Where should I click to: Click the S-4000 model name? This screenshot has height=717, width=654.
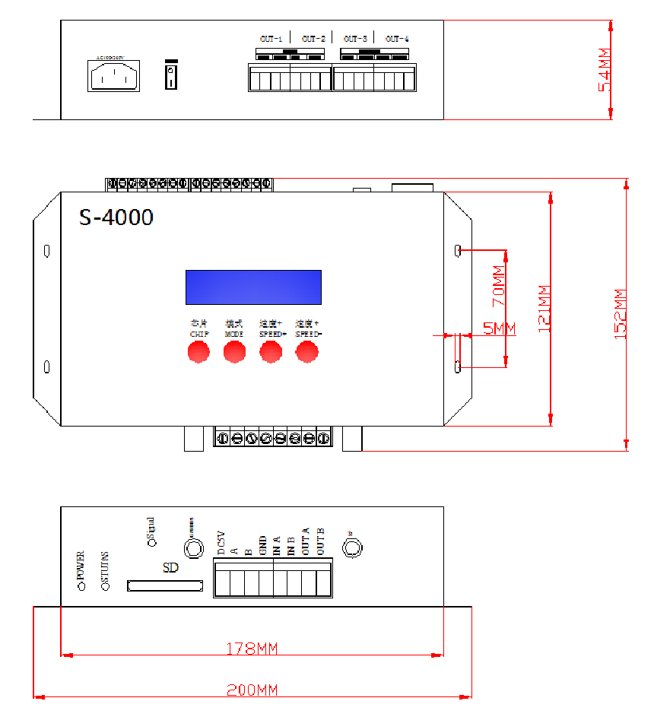point(116,217)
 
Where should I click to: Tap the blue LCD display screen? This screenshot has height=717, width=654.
point(253,287)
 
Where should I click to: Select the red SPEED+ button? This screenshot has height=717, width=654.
point(271,351)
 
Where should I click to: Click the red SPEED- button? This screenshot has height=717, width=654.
point(307,351)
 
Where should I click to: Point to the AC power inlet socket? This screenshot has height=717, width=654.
point(114,75)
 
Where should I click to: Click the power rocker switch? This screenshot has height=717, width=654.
point(172,76)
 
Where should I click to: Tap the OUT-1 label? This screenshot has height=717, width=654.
point(271,39)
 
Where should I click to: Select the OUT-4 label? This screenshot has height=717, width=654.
point(396,39)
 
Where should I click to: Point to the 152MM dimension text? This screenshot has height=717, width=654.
point(620,313)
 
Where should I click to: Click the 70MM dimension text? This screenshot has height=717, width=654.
point(499,286)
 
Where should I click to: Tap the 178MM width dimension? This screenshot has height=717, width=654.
point(252,649)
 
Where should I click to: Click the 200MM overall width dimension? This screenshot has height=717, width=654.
point(252,690)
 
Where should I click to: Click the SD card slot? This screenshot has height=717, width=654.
point(167,585)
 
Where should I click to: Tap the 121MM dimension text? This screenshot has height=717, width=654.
point(544,308)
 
